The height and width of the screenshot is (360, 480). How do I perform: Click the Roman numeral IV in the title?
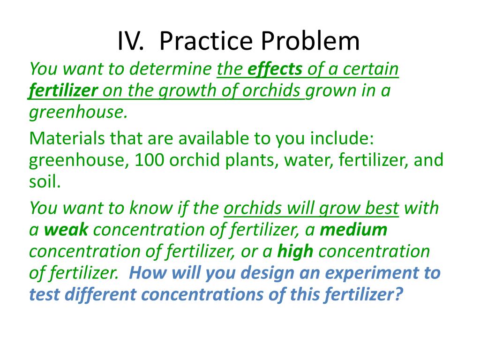[x=131, y=41]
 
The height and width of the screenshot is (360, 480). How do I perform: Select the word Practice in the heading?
[x=206, y=41]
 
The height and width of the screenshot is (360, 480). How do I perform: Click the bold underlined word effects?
[x=275, y=69]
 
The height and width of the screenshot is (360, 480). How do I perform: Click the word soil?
[x=45, y=181]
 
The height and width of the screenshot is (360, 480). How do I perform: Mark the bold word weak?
[x=66, y=230]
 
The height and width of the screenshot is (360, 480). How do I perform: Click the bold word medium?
[x=353, y=230]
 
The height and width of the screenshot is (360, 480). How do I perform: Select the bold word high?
[x=295, y=252]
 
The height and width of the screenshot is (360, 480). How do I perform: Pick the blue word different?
[x=100, y=295]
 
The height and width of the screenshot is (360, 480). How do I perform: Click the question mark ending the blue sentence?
[x=397, y=294]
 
